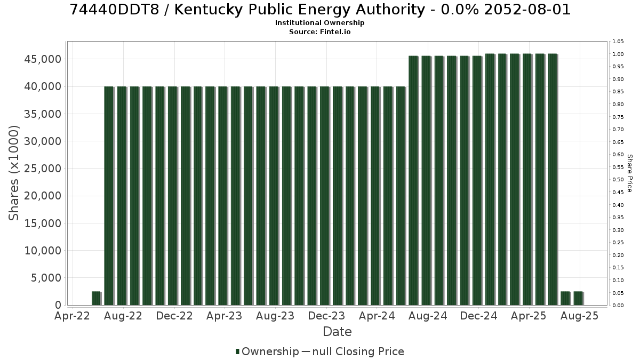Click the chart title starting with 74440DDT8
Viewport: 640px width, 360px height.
[320, 10]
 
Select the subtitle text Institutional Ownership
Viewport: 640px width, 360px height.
[319, 23]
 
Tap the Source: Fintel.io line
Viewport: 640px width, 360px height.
[319, 31]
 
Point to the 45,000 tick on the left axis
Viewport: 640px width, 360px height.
[43, 59]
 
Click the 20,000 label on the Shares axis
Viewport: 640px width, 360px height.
[43, 196]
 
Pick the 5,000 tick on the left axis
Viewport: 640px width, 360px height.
[46, 278]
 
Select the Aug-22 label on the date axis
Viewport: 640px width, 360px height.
[123, 316]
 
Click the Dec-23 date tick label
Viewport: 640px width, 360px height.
[326, 316]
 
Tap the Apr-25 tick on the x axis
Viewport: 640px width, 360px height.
[529, 316]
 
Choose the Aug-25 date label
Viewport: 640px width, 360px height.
[579, 316]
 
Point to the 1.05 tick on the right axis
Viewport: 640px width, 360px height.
[618, 42]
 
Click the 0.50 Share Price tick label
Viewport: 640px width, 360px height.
[618, 180]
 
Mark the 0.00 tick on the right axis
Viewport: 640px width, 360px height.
[618, 306]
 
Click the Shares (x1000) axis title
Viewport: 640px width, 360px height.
[13, 173]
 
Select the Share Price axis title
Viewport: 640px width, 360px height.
[630, 173]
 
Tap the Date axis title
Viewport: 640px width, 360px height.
[337, 332]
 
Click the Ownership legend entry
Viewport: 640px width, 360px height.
[267, 351]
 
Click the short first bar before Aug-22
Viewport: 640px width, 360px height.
[97, 298]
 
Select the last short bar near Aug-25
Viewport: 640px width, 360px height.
[578, 298]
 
